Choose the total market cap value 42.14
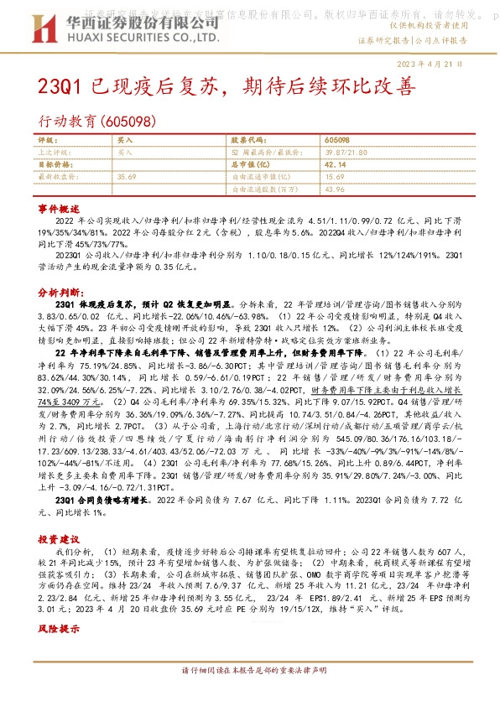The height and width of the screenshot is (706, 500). pyautogui.click(x=336, y=165)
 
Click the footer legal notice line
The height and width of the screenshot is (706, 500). pyautogui.click(x=249, y=695)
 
